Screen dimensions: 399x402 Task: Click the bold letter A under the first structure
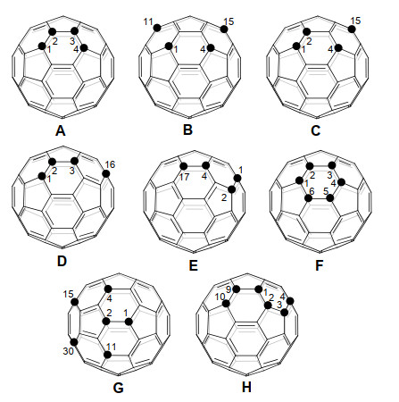61,130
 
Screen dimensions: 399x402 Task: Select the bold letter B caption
188,130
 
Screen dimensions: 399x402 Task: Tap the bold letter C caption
315,130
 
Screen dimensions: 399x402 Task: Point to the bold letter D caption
62,261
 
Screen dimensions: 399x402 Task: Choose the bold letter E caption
194,265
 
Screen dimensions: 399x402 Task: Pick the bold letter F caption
320,265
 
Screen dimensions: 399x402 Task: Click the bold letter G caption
119,388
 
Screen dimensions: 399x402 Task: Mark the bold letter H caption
246,388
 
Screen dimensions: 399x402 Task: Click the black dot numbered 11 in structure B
157,28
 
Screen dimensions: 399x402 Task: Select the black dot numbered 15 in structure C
352,29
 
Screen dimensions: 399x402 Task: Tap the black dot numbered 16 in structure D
105,173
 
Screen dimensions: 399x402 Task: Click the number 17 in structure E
184,177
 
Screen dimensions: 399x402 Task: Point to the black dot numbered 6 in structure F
308,198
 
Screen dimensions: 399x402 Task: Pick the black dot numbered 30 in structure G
74,342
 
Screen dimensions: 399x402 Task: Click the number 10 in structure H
220,297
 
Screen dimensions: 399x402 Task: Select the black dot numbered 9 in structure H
237,289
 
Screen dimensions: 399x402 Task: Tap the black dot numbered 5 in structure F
330,198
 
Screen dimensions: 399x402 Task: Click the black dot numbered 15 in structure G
74,302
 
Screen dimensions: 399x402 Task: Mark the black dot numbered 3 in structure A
74,31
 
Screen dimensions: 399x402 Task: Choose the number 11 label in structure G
111,347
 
